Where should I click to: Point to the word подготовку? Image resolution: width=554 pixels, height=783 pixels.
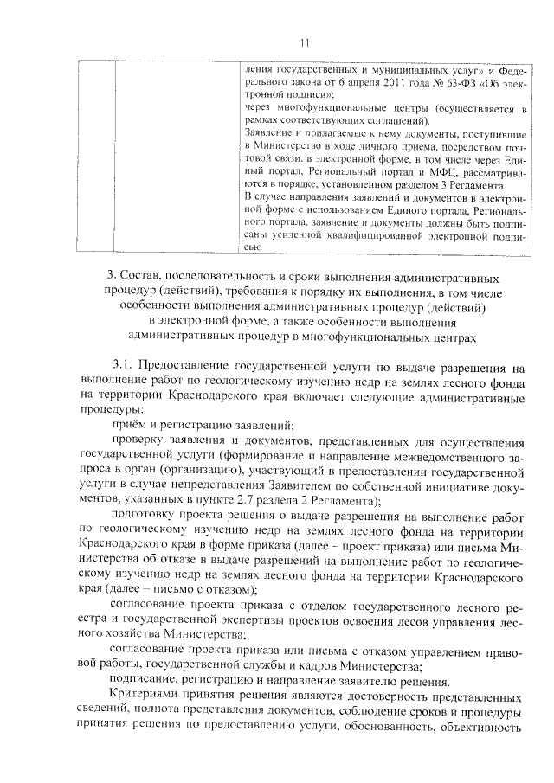[141, 514]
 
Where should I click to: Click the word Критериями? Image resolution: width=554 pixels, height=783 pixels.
[146, 695]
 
